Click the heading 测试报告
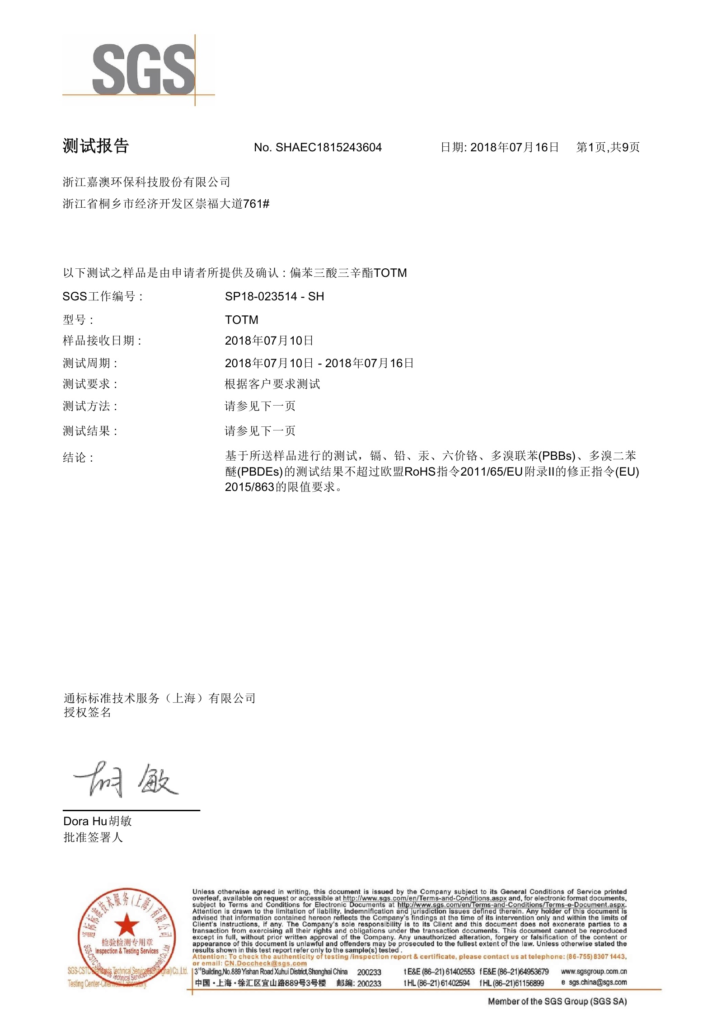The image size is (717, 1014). [96, 146]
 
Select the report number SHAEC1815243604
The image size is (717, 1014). [328, 148]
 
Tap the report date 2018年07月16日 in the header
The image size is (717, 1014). [515, 147]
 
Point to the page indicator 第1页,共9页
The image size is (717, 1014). [608, 147]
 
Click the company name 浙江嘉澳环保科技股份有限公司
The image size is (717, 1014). [146, 182]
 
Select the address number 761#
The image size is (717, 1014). [256, 204]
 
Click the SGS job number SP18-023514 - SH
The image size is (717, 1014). [274, 296]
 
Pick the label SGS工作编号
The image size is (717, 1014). [102, 297]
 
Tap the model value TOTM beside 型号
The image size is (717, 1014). [241, 320]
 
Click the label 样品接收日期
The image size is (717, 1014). [102, 341]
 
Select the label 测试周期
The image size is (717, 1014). [89, 363]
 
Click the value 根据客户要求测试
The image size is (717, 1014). [272, 384]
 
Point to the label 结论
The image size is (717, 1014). [78, 458]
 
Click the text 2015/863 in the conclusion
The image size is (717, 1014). [249, 487]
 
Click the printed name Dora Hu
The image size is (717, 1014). [85, 821]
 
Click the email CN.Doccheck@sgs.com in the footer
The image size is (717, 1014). [265, 963]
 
